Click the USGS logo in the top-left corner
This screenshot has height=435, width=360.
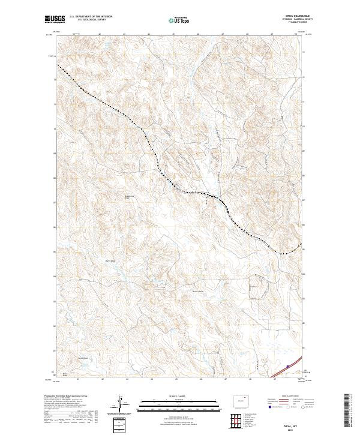[53, 19]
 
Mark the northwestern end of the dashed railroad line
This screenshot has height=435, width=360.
[58, 64]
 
